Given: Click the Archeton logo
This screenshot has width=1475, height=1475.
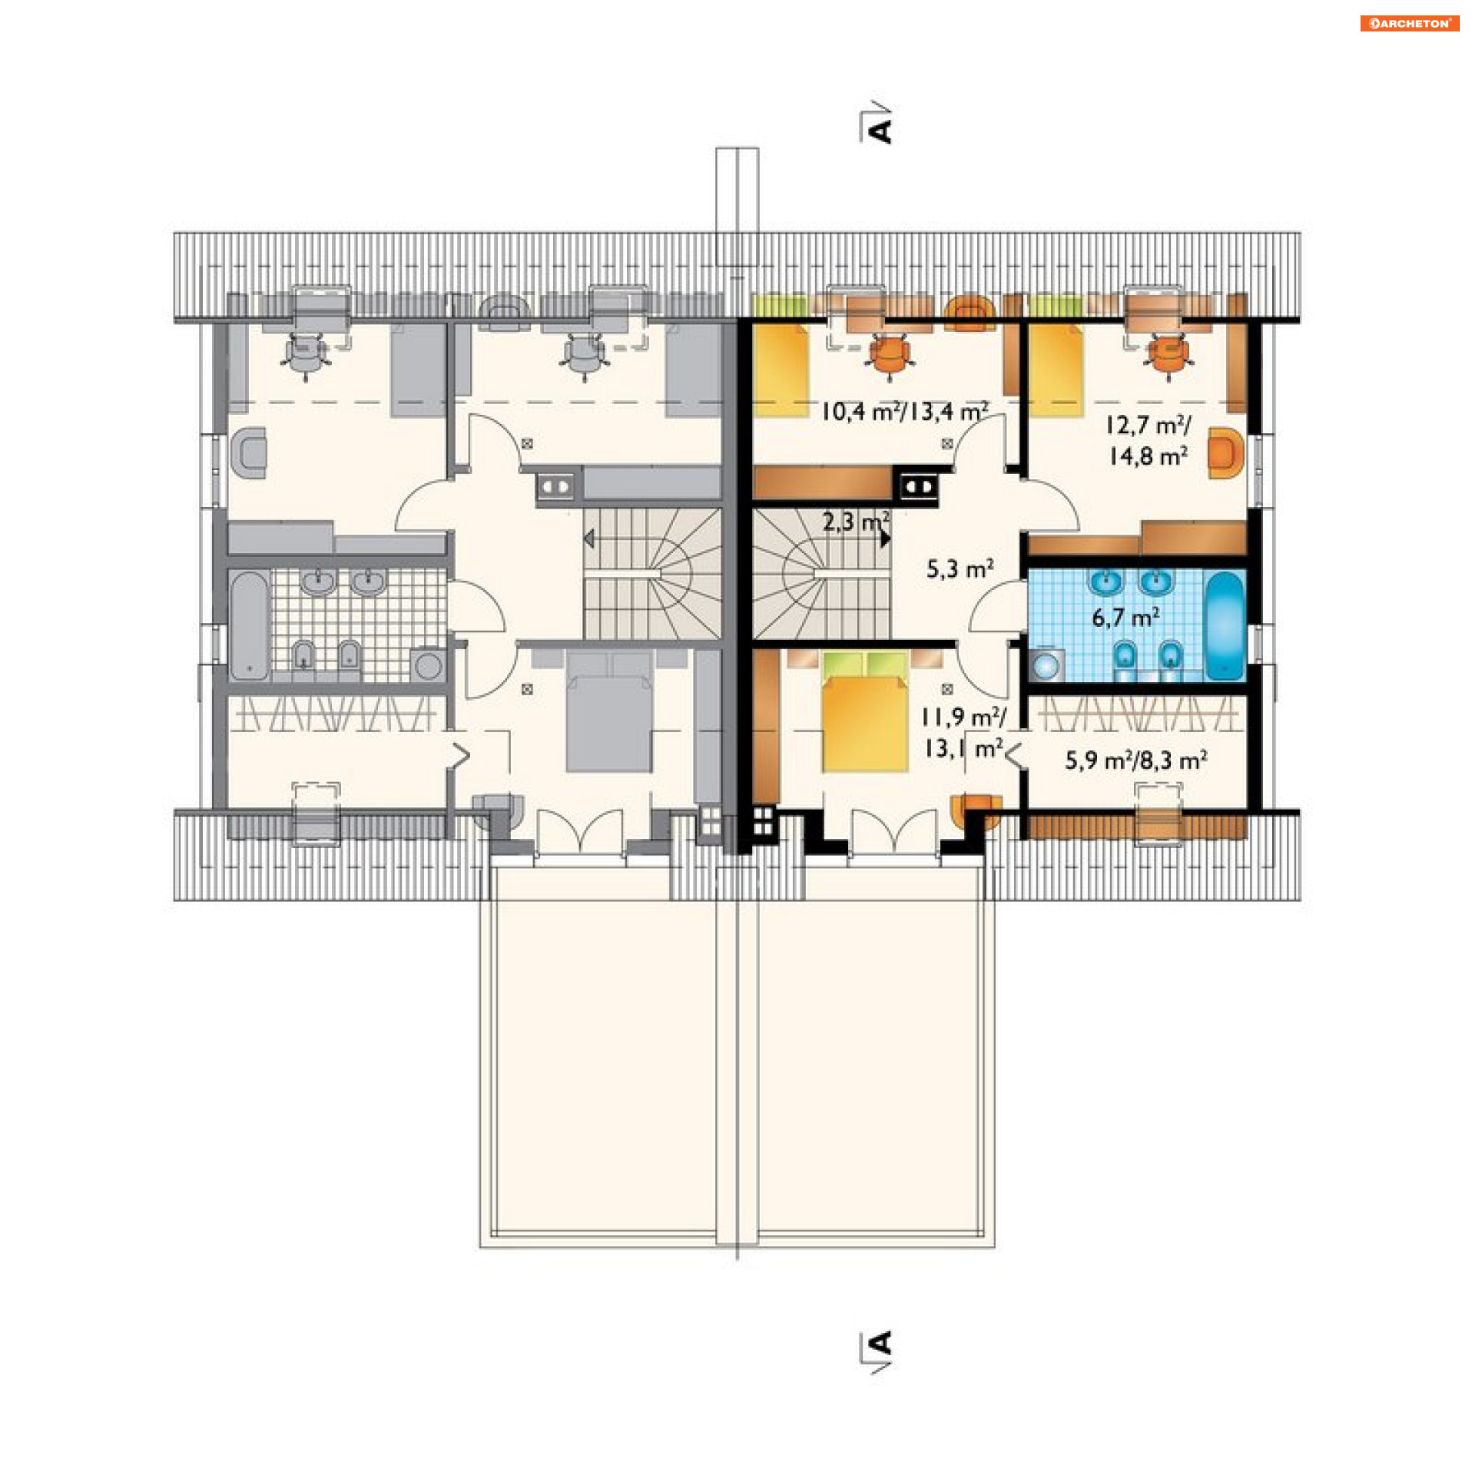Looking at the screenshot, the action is click(1409, 23).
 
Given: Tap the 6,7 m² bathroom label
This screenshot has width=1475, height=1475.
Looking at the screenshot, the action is click(1125, 617).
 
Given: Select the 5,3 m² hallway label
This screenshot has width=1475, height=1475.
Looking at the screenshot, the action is click(960, 568).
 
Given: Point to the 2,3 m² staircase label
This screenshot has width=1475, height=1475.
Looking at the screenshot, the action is click(856, 522).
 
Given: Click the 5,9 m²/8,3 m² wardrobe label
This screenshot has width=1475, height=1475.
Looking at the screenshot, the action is click(1135, 761).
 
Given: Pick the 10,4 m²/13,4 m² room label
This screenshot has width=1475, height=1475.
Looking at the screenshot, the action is click(904, 412).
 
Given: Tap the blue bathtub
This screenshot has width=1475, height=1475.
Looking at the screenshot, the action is click(1225, 625).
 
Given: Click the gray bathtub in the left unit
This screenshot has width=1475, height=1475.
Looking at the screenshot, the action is click(249, 625).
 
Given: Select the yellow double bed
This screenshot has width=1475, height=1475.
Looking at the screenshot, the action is click(864, 711).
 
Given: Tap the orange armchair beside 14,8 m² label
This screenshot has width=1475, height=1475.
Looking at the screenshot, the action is click(1225, 453).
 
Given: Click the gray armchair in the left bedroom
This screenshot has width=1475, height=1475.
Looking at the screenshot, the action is click(249, 453).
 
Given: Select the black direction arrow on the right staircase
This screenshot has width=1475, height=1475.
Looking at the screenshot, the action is click(886, 539).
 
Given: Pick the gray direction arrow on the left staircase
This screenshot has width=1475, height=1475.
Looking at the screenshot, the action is click(588, 539).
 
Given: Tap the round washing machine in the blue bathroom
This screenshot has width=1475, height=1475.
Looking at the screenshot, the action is click(1045, 665).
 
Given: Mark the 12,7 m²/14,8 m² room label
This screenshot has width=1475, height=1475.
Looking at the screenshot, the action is click(1149, 441).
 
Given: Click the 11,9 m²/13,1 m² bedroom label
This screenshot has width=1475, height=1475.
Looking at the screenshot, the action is click(963, 733).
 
